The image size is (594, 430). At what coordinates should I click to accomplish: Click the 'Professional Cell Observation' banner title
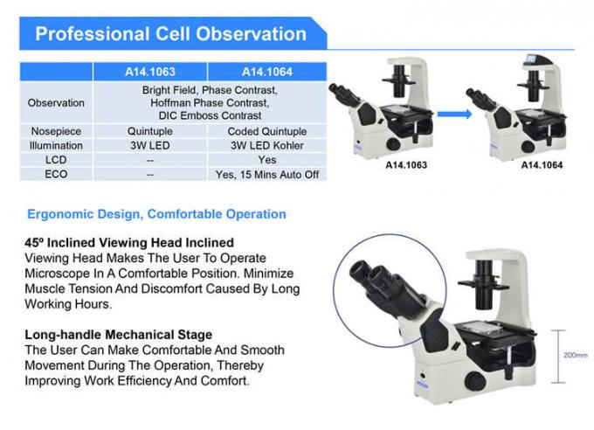[170, 35]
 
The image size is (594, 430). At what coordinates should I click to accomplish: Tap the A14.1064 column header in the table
[267, 72]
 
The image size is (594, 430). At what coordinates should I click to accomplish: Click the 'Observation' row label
[57, 103]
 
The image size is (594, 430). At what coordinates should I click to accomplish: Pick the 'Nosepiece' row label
[57, 132]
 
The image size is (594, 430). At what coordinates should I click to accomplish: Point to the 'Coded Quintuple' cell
[267, 132]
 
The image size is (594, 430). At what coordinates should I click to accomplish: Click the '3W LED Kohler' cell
[267, 146]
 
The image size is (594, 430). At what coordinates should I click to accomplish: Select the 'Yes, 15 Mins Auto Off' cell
[267, 175]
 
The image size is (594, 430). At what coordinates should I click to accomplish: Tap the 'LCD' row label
[57, 160]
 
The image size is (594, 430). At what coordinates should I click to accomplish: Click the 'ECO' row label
[57, 175]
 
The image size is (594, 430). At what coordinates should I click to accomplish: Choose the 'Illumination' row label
[57, 146]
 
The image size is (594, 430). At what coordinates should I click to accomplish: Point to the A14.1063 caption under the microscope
[406, 163]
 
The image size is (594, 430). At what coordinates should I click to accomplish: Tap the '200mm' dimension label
[575, 357]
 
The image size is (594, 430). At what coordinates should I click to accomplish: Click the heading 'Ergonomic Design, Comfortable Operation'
[156, 214]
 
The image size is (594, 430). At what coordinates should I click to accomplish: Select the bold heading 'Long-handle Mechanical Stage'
[117, 334]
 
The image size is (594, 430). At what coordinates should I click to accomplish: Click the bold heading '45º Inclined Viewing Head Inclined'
[128, 242]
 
